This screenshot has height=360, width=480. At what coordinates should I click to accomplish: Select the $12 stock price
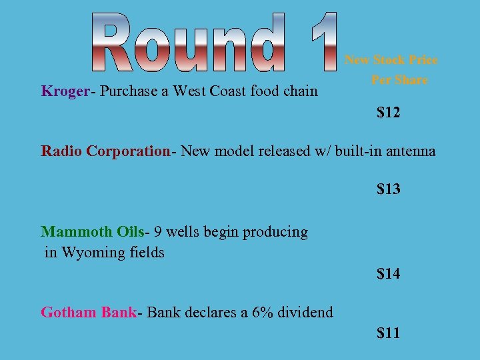(389, 113)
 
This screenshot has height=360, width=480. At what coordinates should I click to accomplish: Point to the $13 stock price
(389, 189)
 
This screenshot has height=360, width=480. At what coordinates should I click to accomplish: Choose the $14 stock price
(389, 273)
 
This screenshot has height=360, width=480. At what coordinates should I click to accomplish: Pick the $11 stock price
(389, 333)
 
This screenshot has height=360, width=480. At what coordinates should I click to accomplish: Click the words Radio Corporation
(106, 151)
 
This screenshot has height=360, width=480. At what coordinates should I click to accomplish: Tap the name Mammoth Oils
(93, 232)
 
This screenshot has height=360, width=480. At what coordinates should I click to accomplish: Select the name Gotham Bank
(89, 312)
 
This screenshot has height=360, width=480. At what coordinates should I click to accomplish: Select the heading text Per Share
(399, 80)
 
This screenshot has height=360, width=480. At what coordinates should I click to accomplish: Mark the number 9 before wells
(157, 232)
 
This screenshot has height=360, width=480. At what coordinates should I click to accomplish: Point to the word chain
(301, 91)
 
